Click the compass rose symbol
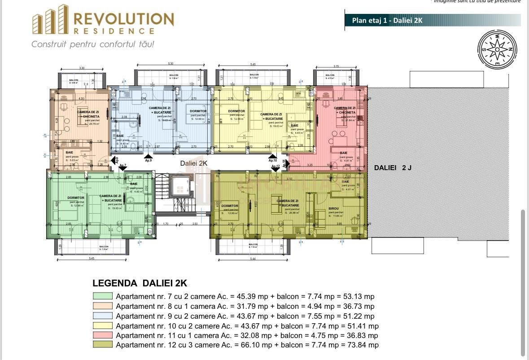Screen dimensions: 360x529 click(497, 47)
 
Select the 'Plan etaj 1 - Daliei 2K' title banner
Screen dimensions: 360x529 click(433, 21)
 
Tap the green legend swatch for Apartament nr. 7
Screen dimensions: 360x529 click(103, 296)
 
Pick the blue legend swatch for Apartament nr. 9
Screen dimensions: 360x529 click(103, 316)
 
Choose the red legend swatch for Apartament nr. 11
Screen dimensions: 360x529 click(103, 335)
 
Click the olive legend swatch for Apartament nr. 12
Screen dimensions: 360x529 click(103, 345)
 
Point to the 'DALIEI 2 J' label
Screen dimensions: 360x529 click(393, 167)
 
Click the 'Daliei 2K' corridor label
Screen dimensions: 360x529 click(193, 163)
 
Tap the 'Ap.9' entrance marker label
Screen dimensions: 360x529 click(149, 160)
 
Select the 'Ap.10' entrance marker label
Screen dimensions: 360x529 click(272, 160)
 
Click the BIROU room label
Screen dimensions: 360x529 click(334, 209)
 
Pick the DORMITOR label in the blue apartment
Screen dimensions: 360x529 click(198, 111)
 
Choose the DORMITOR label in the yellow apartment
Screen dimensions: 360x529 click(236, 111)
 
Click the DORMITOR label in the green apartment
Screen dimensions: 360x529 click(76, 198)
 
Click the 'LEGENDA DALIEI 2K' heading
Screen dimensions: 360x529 click(140, 283)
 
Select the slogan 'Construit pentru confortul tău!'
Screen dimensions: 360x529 click(93, 44)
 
